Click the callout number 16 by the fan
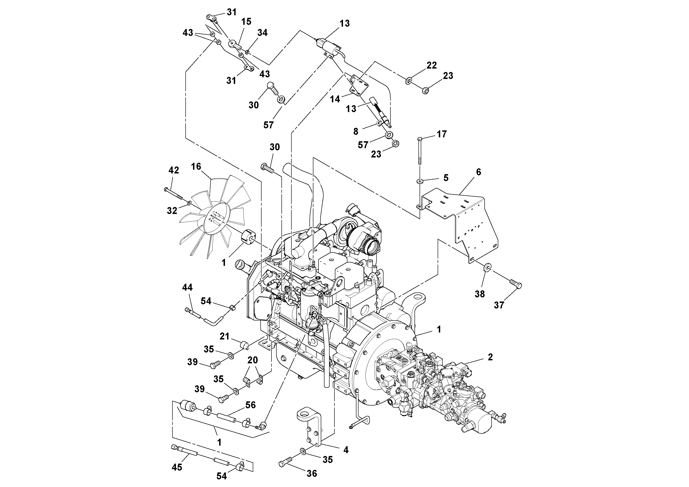(x=196, y=167)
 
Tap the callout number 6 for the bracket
(x=478, y=172)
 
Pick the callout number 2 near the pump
(x=490, y=357)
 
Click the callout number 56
(x=251, y=405)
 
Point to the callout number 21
(x=224, y=336)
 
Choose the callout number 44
(x=187, y=288)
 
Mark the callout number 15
(x=246, y=22)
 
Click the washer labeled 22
(x=409, y=81)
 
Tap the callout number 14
(x=335, y=99)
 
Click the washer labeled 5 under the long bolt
(x=420, y=181)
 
